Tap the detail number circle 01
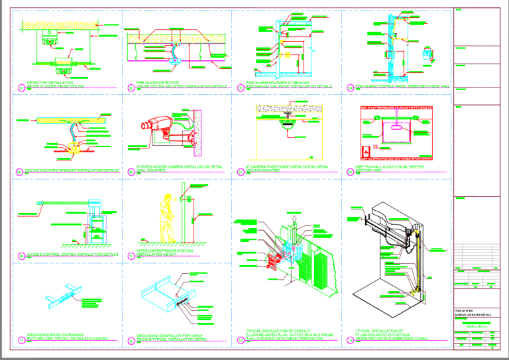(x=21, y=87)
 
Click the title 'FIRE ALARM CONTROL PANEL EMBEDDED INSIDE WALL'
(x=402, y=86)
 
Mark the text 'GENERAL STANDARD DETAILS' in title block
(x=475, y=315)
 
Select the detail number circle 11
(x=21, y=341)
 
